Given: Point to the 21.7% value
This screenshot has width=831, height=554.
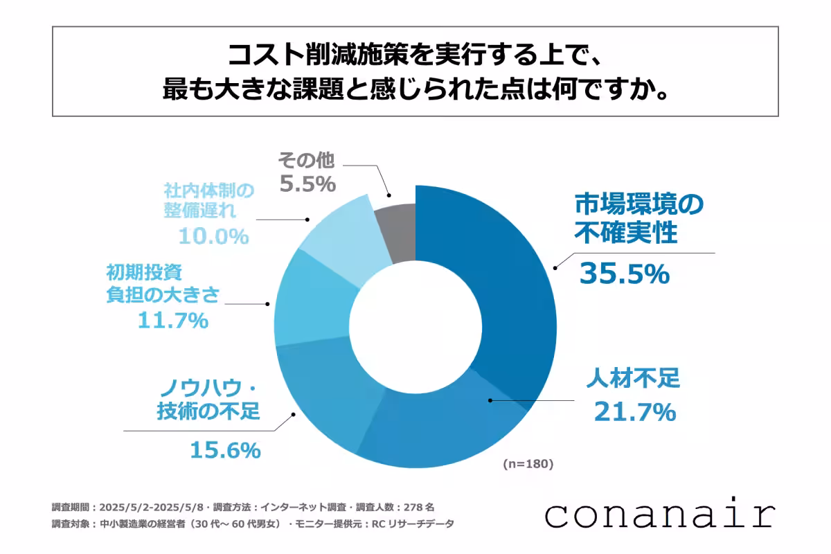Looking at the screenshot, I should coord(634,413).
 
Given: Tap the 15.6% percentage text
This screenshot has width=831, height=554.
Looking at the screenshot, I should coord(225,451).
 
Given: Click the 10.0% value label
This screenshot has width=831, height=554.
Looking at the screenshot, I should coord(213,236).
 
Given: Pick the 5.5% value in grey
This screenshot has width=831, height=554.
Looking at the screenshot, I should coord(307,185).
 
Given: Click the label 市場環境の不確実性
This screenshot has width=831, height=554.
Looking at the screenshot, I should coord(638,219).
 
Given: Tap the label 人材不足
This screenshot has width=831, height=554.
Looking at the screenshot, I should coord(633,379).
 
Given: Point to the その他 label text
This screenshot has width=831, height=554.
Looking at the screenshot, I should coord(306,161).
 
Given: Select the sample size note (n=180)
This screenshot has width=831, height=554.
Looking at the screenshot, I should coord(528,464).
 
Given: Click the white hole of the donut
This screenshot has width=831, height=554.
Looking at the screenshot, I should coord(415,325).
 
